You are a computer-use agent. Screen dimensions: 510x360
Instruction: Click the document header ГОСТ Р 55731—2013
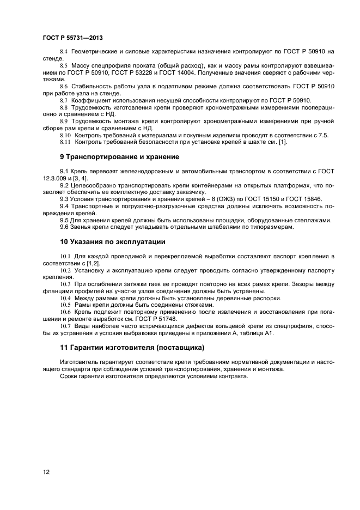click(72, 38)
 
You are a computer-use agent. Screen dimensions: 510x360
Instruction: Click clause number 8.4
click(64, 51)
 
